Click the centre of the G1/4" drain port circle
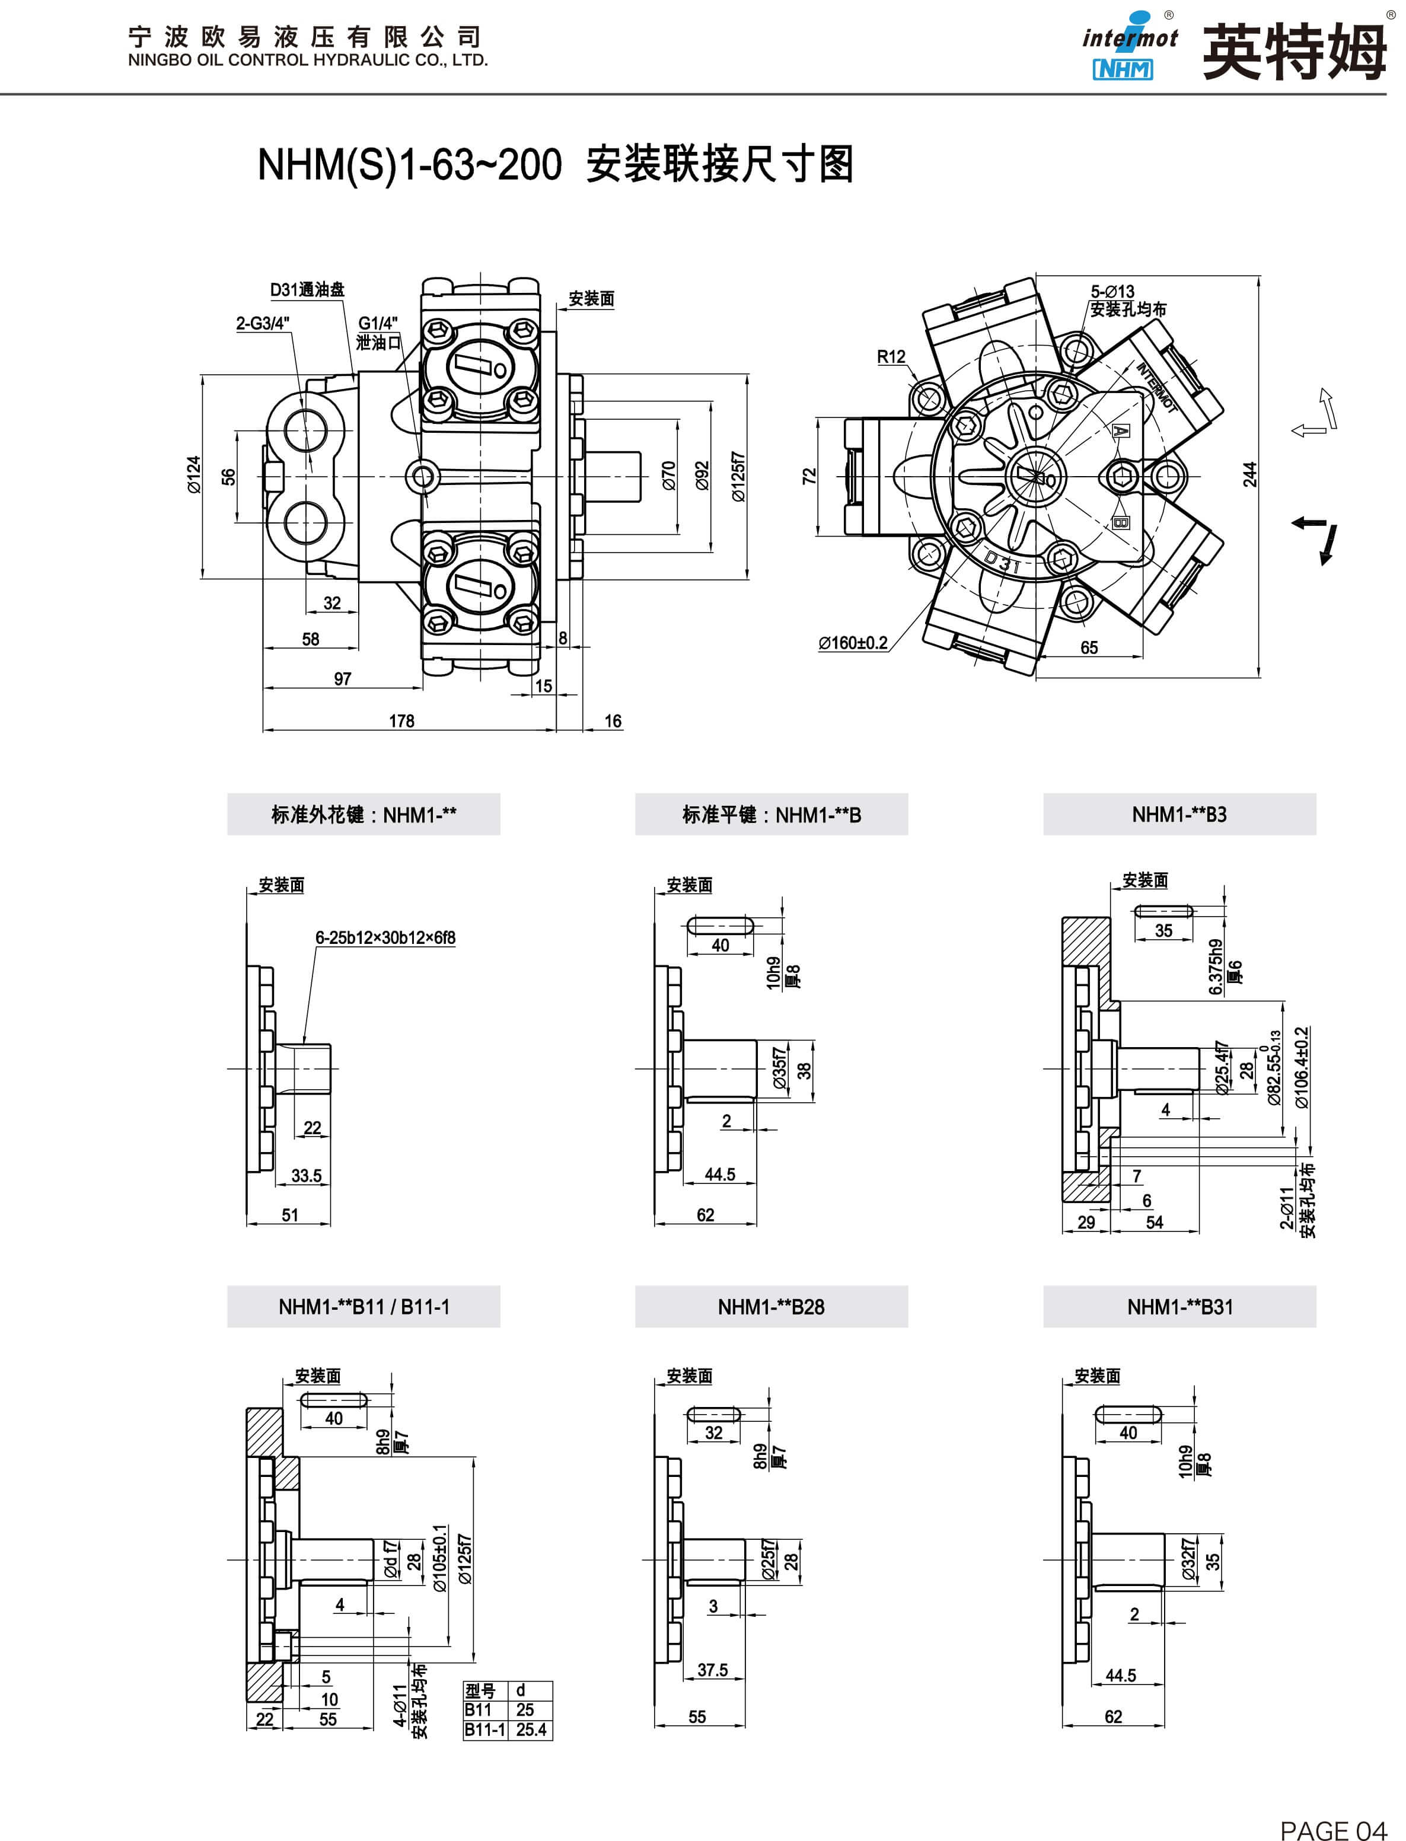pos(423,477)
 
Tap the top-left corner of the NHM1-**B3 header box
pos(1044,793)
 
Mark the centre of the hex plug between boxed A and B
pos(1123,477)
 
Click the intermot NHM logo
pos(1129,46)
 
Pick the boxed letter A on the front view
pos(1121,431)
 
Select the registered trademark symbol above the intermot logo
pos(1169,15)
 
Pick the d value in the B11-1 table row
pos(531,1730)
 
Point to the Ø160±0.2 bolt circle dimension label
pos(853,643)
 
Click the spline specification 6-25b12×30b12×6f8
pos(385,938)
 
